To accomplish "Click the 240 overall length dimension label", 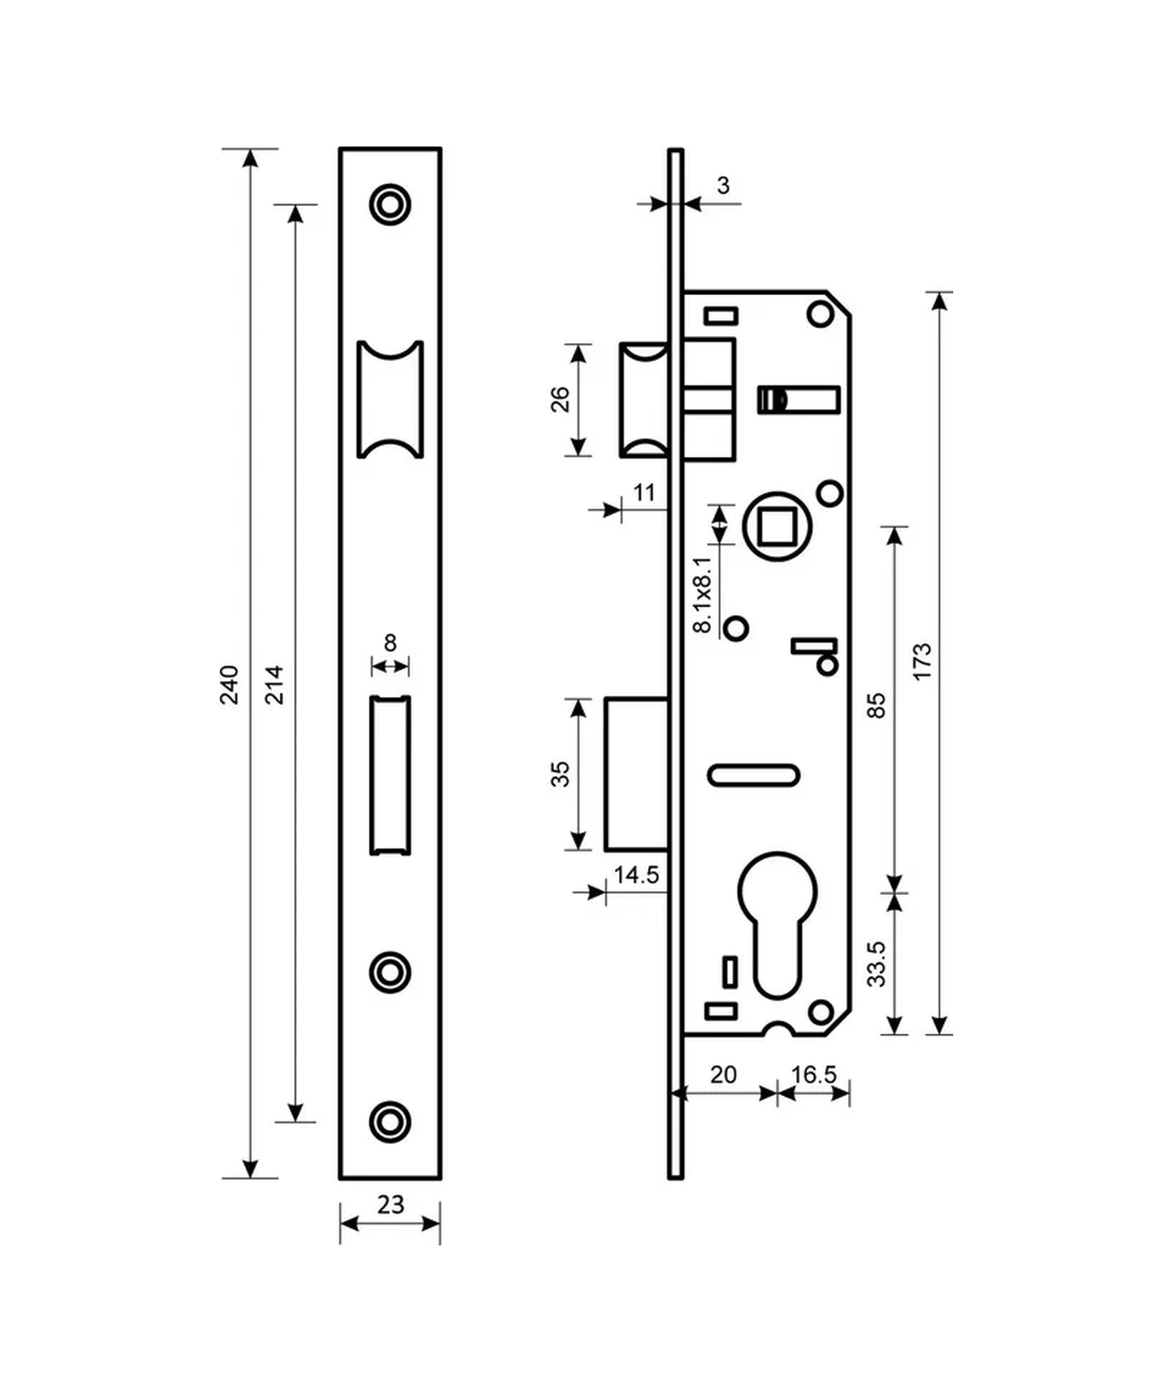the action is pyautogui.click(x=229, y=685).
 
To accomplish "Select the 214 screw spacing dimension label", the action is pyautogui.click(x=274, y=685).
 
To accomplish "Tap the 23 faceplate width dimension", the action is pyautogui.click(x=391, y=1204).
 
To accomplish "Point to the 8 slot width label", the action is pyautogui.click(x=390, y=643).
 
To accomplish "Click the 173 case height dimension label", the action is pyautogui.click(x=922, y=661).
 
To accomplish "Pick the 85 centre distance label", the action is pyautogui.click(x=878, y=705).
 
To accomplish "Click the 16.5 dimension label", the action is pyautogui.click(x=814, y=1074).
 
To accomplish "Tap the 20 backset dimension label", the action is pyautogui.click(x=723, y=1074).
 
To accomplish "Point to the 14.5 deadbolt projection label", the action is pyautogui.click(x=636, y=875).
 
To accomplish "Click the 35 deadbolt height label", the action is pyautogui.click(x=560, y=774).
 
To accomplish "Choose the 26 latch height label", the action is pyautogui.click(x=560, y=399).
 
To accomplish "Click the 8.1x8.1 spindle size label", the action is pyautogui.click(x=702, y=594).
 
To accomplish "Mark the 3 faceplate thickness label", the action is pyautogui.click(x=723, y=185).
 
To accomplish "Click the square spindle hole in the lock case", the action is pyautogui.click(x=777, y=526).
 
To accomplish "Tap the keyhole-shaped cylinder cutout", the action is pyautogui.click(x=777, y=925).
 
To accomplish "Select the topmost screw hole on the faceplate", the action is pyautogui.click(x=390, y=204).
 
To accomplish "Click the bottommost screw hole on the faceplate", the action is pyautogui.click(x=390, y=1121).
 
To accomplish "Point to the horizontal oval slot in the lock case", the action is pyautogui.click(x=753, y=776).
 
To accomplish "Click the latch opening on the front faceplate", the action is pyautogui.click(x=390, y=399).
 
